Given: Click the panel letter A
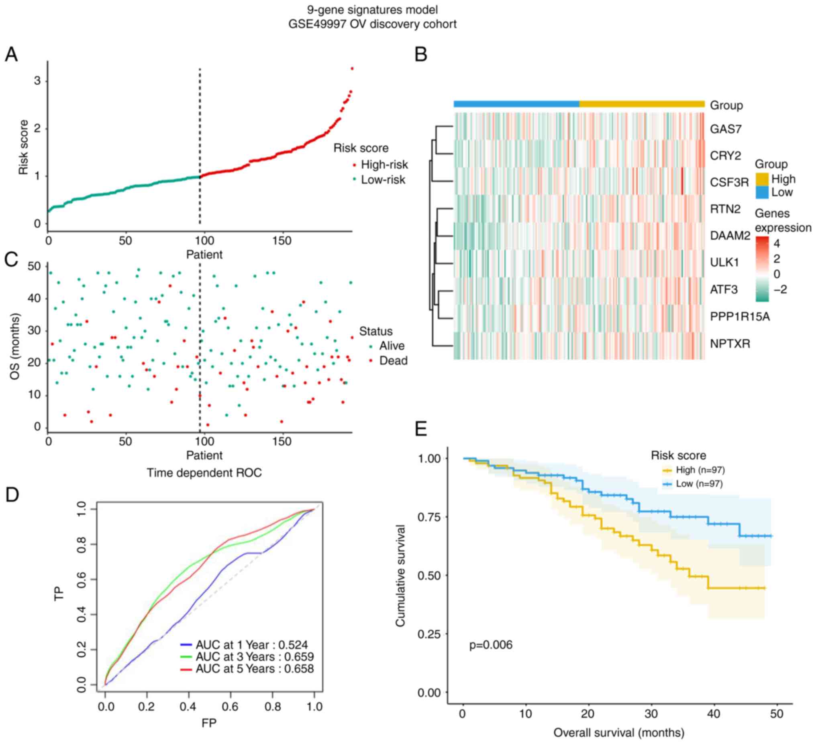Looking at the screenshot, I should pyautogui.click(x=11, y=54).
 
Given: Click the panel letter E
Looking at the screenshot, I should pyautogui.click(x=421, y=429).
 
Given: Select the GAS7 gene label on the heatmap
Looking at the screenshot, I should pyautogui.click(x=726, y=129).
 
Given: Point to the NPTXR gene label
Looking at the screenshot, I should pyautogui.click(x=730, y=344).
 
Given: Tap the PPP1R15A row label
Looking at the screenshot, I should pyautogui.click(x=740, y=316).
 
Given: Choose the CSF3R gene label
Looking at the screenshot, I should pyautogui.click(x=729, y=183).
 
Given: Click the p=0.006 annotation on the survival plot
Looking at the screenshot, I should pyautogui.click(x=491, y=645).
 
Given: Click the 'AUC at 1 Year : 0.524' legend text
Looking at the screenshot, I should pyautogui.click(x=251, y=645).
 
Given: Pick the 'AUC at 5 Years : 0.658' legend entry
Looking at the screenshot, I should pyautogui.click(x=255, y=669).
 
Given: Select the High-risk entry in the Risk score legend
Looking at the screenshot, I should pyautogui.click(x=384, y=165).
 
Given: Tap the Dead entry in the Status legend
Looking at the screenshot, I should pyautogui.click(x=393, y=361).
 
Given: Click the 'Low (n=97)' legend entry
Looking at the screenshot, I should pyautogui.click(x=699, y=484).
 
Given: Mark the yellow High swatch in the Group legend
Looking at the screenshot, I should pyautogui.click(x=762, y=179).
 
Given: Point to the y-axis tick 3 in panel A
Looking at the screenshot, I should pyautogui.click(x=38, y=81).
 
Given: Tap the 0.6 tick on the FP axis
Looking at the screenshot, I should pyautogui.click(x=230, y=707).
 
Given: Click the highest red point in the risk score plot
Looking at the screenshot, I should pyautogui.click(x=352, y=68).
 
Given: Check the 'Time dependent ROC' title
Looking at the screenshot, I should pyautogui.click(x=204, y=473).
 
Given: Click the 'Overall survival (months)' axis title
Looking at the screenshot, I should pyautogui.click(x=618, y=733).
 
